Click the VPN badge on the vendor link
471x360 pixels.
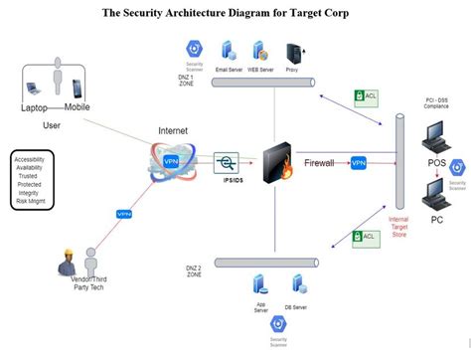124,213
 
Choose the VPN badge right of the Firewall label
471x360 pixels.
359,163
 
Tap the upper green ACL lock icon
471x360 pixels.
365,97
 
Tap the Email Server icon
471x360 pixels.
228,53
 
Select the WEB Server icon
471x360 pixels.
260,53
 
